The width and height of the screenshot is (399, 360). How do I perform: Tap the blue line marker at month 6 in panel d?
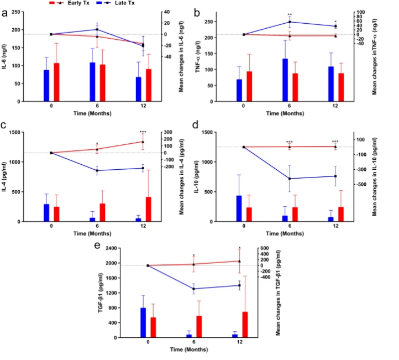point(290,179)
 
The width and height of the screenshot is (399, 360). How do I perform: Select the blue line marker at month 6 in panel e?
point(193,289)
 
